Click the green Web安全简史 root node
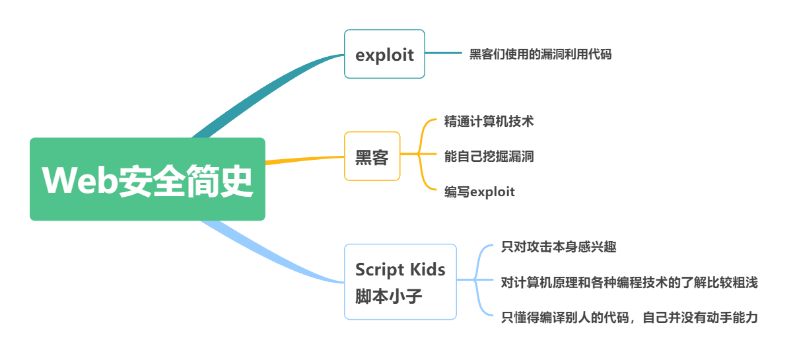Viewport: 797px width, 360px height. tap(147, 179)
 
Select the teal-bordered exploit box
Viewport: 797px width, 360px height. tap(384, 54)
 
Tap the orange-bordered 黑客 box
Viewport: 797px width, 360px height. tap(372, 157)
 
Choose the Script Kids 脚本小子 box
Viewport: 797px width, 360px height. tap(401, 281)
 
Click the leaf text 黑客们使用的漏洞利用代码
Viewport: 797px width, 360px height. tap(540, 54)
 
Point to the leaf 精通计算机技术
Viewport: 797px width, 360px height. tap(489, 122)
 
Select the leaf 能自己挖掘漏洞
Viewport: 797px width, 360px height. tap(489, 157)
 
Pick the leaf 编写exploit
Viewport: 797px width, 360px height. tap(479, 192)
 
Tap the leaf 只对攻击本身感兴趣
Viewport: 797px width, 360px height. tap(559, 247)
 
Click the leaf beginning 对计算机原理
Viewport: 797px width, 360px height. tap(629, 282)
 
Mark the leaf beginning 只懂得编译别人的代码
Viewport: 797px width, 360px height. tap(629, 317)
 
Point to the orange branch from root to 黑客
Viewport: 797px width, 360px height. tap(305, 160)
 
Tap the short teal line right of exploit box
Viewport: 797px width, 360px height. tap(443, 53)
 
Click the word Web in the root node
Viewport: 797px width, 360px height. tap(79, 180)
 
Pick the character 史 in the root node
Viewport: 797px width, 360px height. tap(236, 181)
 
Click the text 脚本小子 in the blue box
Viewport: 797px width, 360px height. tap(388, 297)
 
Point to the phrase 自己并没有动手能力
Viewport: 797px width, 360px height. tap(701, 317)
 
